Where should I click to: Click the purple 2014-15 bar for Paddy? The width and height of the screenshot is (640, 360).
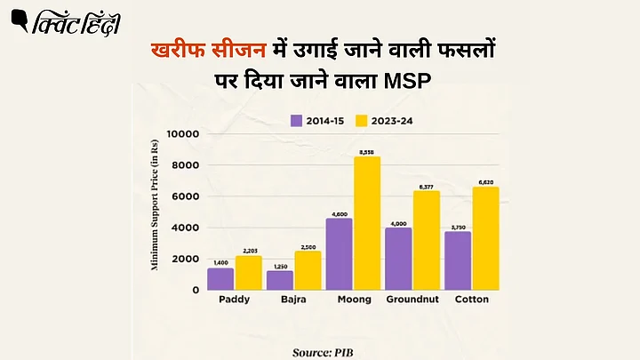(220, 278)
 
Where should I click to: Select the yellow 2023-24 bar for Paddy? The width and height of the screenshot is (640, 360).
(249, 273)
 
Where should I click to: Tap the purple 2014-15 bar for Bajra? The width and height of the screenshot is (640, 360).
(280, 280)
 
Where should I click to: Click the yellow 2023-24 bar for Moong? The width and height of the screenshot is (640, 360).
(367, 223)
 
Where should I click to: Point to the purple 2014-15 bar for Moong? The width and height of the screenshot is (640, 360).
(339, 254)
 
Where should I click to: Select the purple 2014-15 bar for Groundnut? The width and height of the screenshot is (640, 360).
(398, 259)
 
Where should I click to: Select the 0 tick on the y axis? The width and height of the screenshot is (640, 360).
(194, 290)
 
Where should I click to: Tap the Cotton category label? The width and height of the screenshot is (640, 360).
(472, 300)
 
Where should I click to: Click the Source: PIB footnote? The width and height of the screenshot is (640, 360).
(327, 352)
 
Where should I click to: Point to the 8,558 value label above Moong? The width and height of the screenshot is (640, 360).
(367, 153)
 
